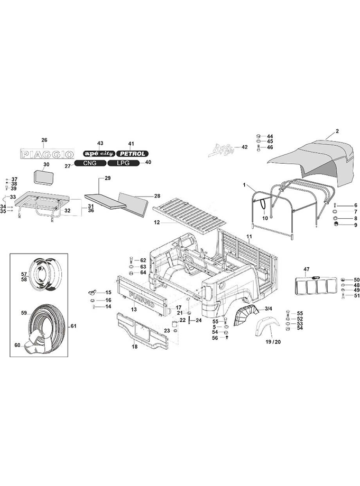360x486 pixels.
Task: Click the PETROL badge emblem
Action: [132, 154]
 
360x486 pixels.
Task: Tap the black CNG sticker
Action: [90, 163]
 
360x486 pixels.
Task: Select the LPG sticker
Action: [123, 163]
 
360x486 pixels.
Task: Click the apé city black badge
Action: [99, 154]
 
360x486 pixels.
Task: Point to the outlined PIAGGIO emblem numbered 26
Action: [47, 154]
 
